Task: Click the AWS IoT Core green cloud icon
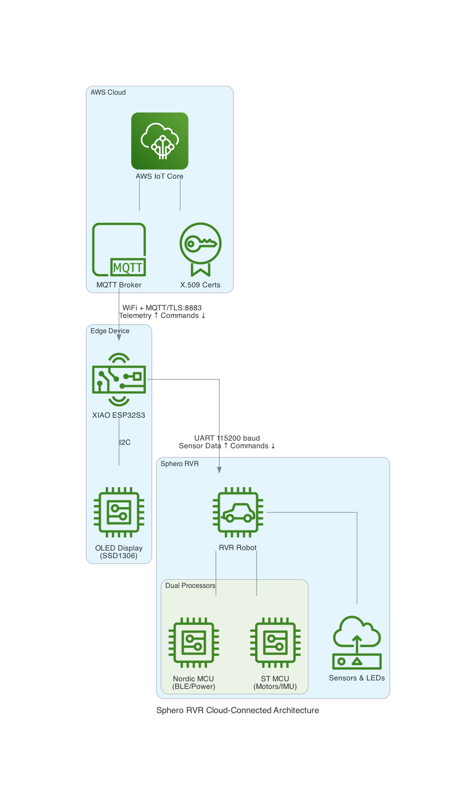(x=160, y=141)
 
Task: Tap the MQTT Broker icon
(x=119, y=250)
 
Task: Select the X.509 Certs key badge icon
(x=201, y=249)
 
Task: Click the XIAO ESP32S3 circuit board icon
(x=119, y=379)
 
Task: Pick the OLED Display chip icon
(x=119, y=512)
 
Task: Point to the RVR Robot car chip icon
(x=238, y=512)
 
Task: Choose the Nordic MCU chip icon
(x=194, y=643)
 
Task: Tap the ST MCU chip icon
(x=275, y=643)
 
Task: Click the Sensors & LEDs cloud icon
(x=357, y=643)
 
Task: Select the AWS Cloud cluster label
(x=108, y=93)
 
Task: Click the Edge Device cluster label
(x=110, y=331)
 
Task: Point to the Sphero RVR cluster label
(x=179, y=464)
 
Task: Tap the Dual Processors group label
(x=190, y=586)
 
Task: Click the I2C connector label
(x=125, y=442)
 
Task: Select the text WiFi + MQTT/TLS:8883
(x=162, y=308)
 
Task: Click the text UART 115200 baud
(x=227, y=438)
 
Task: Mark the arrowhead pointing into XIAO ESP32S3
(x=119, y=337)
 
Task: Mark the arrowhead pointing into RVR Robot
(x=219, y=470)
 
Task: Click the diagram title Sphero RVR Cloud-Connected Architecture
(x=238, y=711)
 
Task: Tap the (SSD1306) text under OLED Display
(x=119, y=556)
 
